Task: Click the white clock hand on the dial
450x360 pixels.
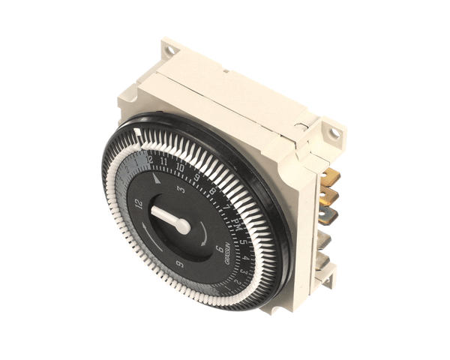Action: coord(166,217)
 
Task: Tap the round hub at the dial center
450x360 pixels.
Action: coord(182,226)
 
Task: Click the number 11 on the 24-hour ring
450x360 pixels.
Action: coord(163,162)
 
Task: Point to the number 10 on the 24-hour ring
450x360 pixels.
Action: coord(181,168)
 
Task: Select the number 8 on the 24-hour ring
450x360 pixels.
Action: coord(212,192)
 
